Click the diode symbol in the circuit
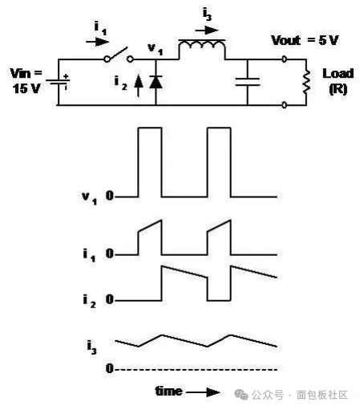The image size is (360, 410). coord(156,82)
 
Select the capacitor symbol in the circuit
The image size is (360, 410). coord(248,82)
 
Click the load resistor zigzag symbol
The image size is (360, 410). coord(306,82)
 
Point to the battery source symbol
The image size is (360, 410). coord(58,82)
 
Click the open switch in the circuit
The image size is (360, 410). coord(119,55)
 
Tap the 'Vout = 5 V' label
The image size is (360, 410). coord(305,40)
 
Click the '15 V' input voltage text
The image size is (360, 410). coord(26,88)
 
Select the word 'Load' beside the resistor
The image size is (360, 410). coord(338,74)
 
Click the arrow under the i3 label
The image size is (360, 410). coord(207,30)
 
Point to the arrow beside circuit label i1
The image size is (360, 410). coord(97,42)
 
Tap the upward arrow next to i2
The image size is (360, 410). coord(138,86)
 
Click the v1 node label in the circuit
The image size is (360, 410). coord(156,49)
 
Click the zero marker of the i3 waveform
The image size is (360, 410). coord(110,369)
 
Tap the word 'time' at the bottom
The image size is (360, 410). coord(169,392)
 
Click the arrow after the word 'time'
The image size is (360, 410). coord(203,392)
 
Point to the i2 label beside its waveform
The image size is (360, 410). coord(90,301)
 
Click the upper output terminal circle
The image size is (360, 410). coord(285,59)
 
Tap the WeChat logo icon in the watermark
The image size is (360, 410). coord(241,395)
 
